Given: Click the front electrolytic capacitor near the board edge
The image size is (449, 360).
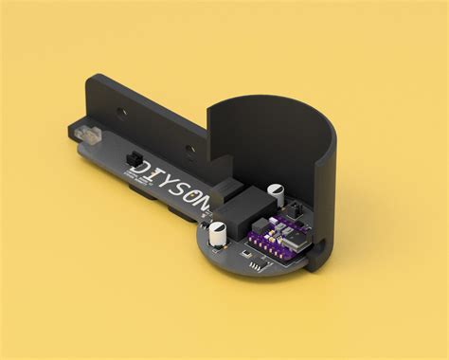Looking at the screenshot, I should coord(219,233).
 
